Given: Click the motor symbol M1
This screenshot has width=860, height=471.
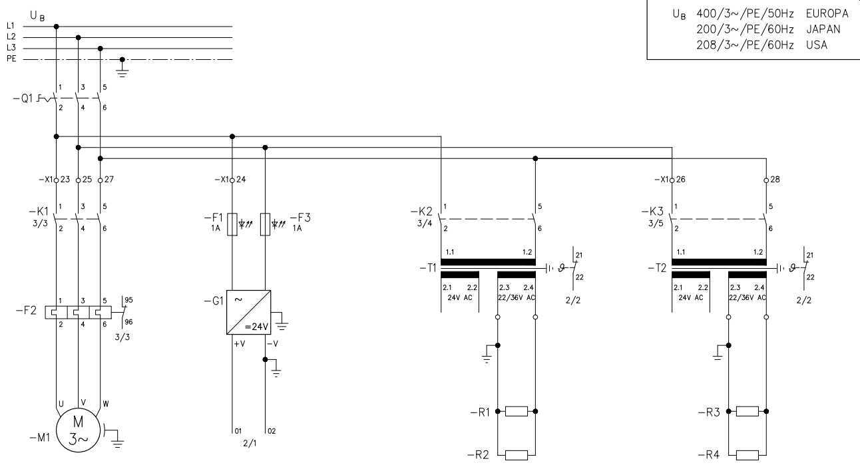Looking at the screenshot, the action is pos(79,430).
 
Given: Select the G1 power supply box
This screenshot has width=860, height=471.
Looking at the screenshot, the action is pos(248,312).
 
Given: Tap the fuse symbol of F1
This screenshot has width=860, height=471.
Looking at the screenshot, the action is pos(232,224).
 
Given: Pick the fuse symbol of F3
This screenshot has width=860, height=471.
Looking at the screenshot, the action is pos(266,224).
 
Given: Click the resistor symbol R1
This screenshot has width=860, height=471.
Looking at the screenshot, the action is pos(517,411).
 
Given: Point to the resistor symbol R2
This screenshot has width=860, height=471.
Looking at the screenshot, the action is pos(517,455).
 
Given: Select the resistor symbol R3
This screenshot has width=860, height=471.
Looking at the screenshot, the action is pos(748,411).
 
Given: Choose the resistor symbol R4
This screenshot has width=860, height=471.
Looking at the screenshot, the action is pos(748,455).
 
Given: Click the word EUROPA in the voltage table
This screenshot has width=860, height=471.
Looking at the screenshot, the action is pos(827,13).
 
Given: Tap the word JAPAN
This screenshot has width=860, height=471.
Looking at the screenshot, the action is pos(823,29).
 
